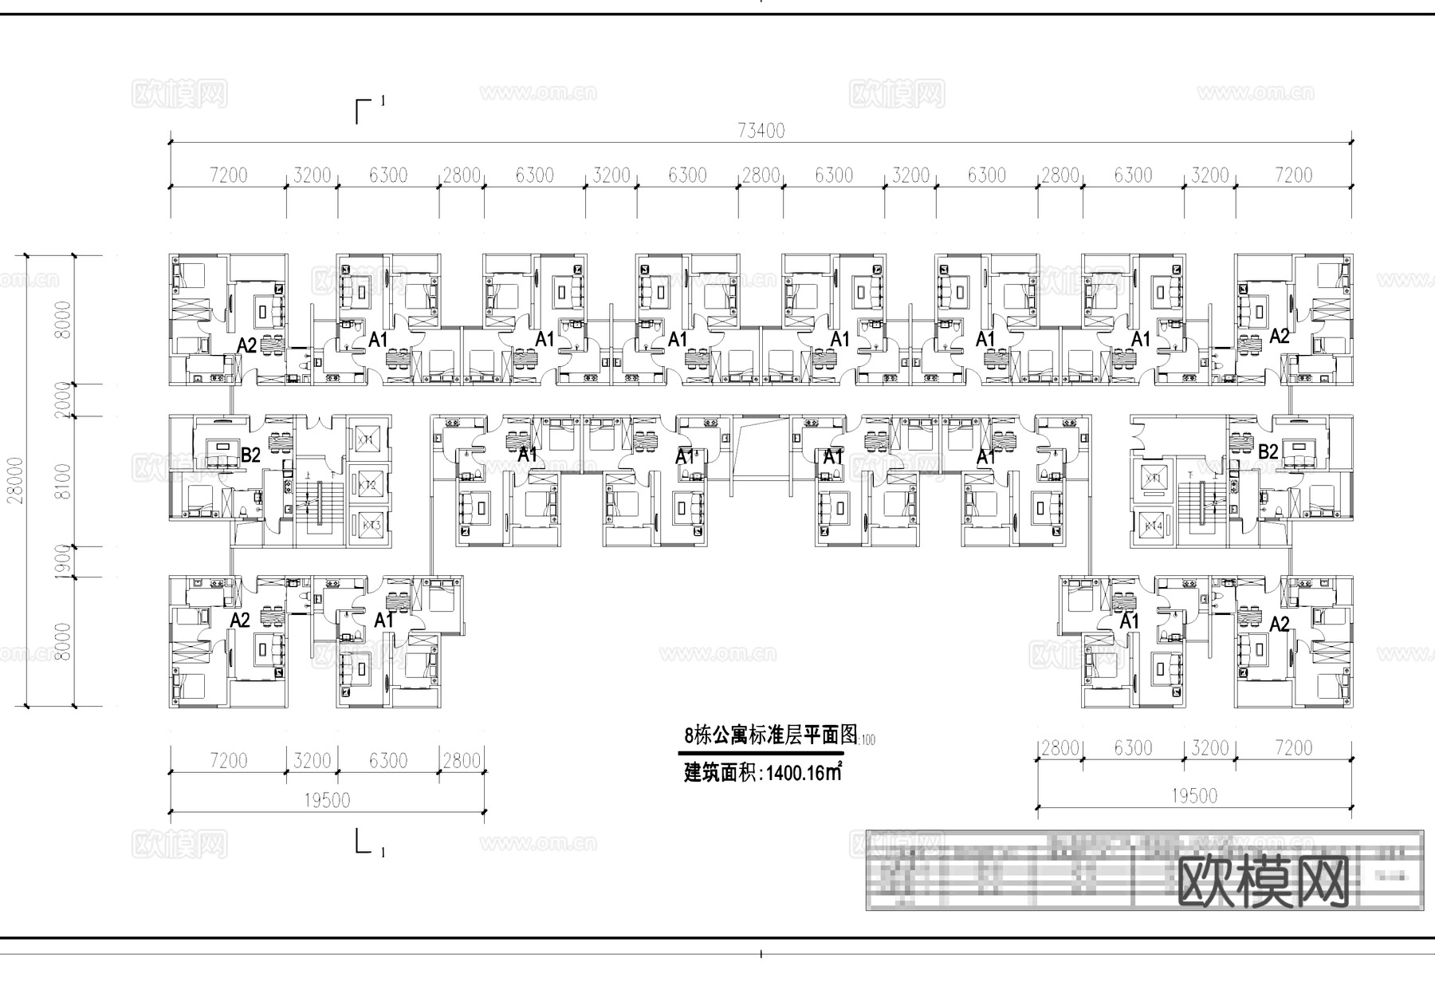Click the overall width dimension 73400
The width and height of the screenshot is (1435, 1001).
(x=761, y=131)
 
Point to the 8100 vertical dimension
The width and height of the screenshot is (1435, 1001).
(x=64, y=481)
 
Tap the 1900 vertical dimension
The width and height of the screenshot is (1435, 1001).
(x=64, y=562)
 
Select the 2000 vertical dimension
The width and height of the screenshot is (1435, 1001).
(x=64, y=400)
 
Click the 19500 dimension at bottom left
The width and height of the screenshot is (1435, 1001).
(x=327, y=800)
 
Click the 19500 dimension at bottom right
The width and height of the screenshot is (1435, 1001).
(x=1193, y=795)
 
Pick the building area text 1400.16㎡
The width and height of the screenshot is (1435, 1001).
(x=804, y=773)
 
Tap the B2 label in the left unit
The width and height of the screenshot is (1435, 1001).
(x=250, y=455)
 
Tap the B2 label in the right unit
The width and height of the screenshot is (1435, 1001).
(x=1268, y=452)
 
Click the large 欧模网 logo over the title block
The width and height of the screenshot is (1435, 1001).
(x=1263, y=881)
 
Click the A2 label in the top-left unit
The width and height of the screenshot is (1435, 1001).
(x=246, y=345)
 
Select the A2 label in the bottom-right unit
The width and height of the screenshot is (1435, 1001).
(x=1279, y=624)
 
